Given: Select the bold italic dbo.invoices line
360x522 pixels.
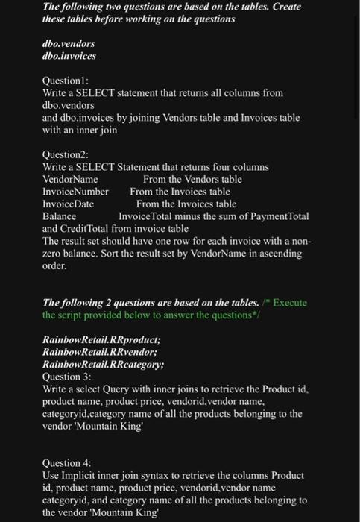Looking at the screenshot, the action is pyautogui.click(x=69, y=56).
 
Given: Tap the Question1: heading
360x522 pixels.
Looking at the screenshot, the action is pyautogui.click(x=66, y=80).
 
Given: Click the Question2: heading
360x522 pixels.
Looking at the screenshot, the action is pyautogui.click(x=66, y=154).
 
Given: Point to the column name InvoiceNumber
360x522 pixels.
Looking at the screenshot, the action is pyautogui.click(x=75, y=192).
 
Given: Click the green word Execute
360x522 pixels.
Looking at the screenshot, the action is pyautogui.click(x=291, y=303).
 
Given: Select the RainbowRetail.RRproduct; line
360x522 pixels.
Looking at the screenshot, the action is pyautogui.click(x=101, y=340).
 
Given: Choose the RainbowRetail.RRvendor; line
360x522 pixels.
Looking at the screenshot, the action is pyautogui.click(x=100, y=353).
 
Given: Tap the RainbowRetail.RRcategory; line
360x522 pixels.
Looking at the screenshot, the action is pyautogui.click(x=104, y=365).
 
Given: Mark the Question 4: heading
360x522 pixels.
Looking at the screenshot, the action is pyautogui.click(x=68, y=463).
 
